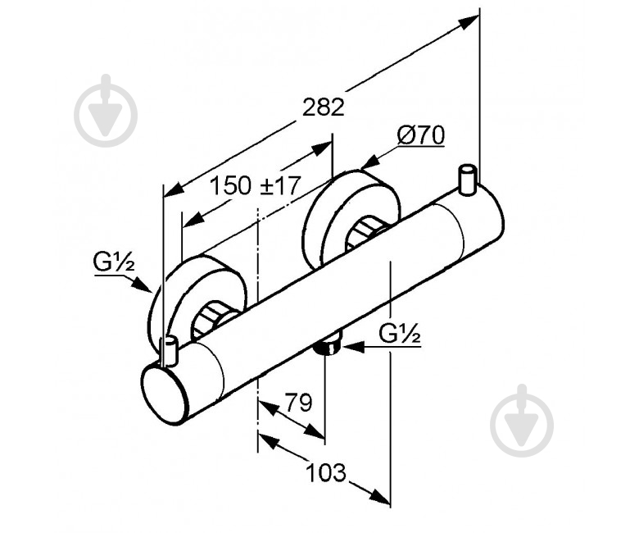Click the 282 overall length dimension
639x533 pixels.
[324, 107]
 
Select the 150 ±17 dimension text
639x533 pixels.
[256, 185]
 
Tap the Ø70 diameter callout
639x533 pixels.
[421, 135]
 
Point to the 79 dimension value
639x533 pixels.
[298, 403]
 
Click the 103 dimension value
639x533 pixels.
[326, 472]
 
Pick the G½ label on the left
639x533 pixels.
[114, 262]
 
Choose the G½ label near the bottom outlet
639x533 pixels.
[400, 334]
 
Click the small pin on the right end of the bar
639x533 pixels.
[467, 179]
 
